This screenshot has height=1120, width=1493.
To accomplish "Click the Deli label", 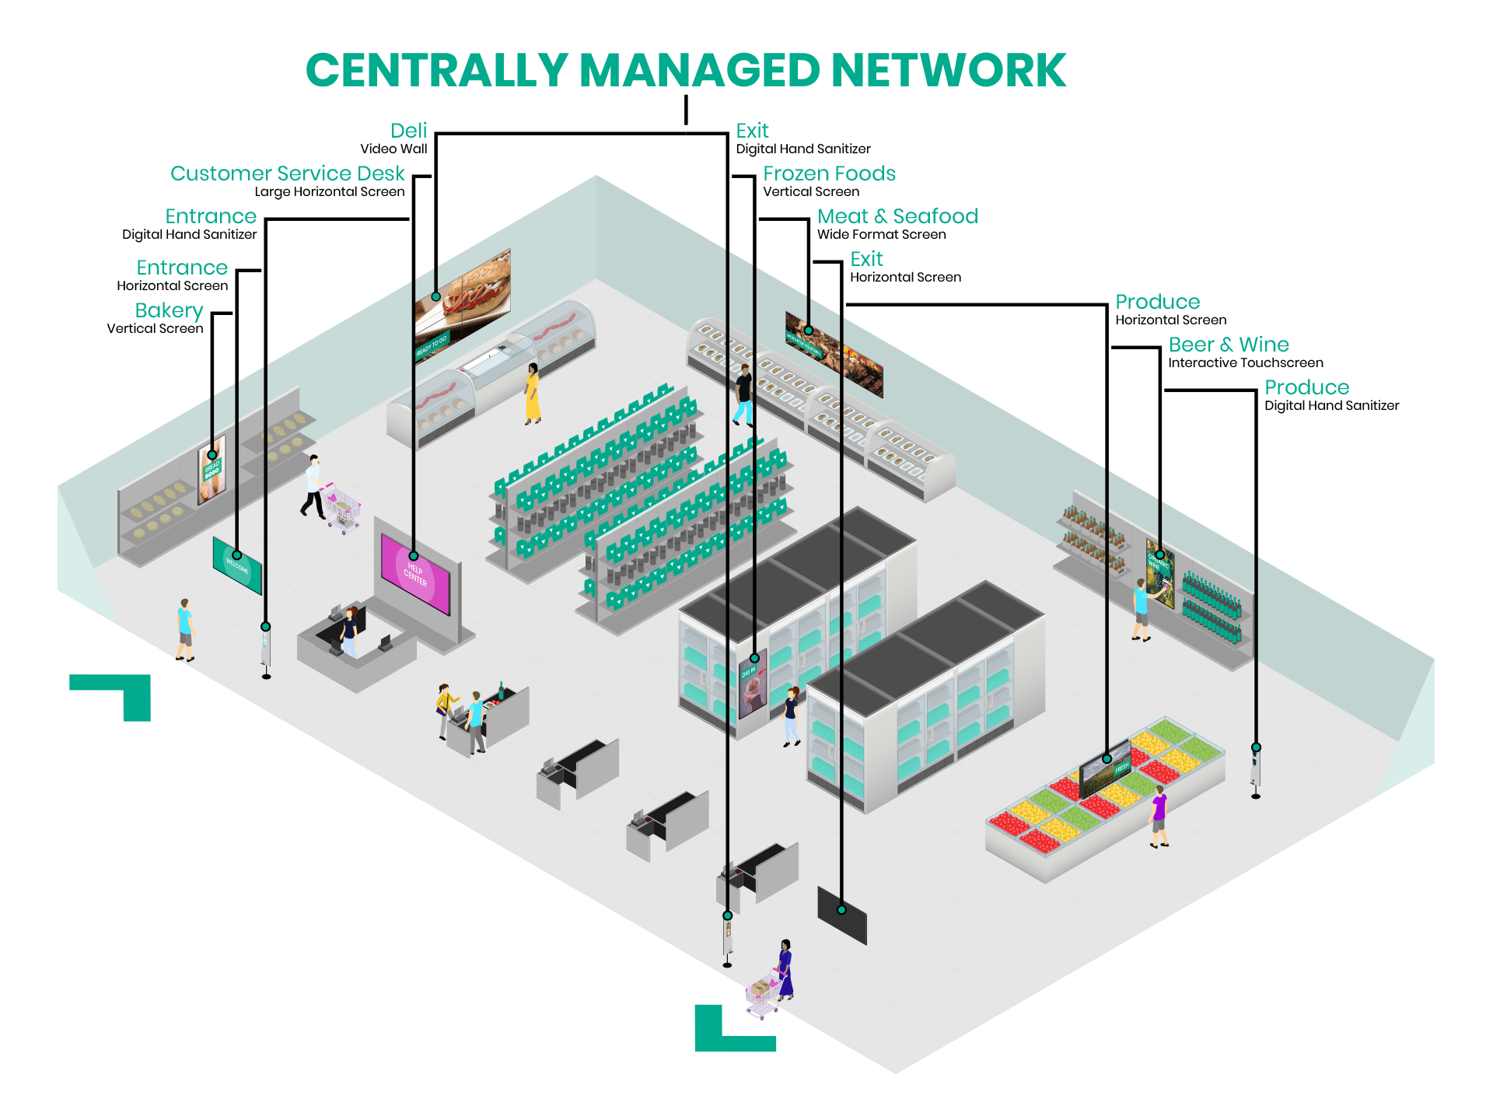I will tap(408, 131).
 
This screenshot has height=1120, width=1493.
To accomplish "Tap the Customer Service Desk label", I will tap(287, 173).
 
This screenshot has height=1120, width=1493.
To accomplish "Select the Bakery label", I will tap(169, 310).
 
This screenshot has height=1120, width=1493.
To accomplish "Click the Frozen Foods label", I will tap(829, 173).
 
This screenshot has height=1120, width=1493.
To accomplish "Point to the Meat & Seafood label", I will tap(897, 216).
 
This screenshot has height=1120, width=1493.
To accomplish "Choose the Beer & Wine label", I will tap(1229, 345).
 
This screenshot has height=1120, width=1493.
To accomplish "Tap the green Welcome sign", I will tap(237, 565).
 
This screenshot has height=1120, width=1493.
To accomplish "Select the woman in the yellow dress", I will tap(533, 394).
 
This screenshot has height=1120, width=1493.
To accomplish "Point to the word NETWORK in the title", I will tap(949, 72).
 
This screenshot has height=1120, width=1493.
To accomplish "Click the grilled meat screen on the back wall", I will tap(834, 354).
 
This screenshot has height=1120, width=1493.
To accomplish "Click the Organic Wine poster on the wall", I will tap(1160, 572).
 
